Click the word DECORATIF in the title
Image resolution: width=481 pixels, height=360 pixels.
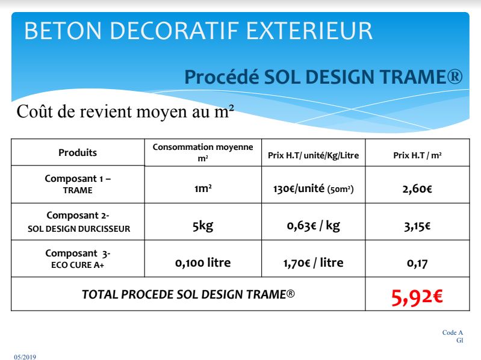point(174,31)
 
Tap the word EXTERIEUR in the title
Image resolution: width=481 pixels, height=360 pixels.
point(309,31)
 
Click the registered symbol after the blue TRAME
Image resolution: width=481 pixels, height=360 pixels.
point(455,76)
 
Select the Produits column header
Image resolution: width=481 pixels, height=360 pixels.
point(78,152)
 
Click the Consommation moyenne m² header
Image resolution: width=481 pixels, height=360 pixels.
point(203,152)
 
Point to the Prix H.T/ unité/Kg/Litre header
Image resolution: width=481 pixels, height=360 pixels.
point(313,155)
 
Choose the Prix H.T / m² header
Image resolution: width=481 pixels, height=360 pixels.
point(417,155)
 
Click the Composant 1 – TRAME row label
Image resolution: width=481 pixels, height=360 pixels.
point(78,184)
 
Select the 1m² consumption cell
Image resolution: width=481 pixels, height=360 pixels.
point(203,188)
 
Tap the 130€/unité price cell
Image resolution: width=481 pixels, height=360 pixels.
point(313,188)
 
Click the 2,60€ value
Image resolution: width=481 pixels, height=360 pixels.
point(417,188)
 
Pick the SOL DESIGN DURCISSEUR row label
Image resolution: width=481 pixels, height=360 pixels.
point(79,229)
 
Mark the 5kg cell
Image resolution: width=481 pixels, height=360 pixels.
point(203,226)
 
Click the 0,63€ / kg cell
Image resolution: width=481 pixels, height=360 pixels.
point(313,226)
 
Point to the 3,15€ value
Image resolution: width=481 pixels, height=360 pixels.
point(417,226)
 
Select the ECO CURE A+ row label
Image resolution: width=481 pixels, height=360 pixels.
point(78,265)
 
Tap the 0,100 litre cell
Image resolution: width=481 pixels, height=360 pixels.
point(203,263)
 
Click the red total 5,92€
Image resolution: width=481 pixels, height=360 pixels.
point(417,297)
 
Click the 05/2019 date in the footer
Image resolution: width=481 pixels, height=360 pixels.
point(25,357)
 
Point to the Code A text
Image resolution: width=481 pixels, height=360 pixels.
point(453,332)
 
